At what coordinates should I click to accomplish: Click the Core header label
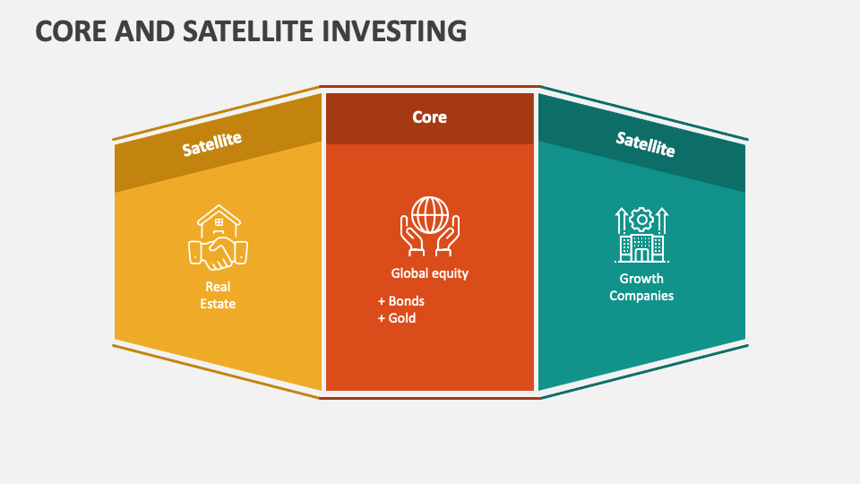click(x=429, y=117)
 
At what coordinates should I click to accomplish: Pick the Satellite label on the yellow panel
click(x=212, y=143)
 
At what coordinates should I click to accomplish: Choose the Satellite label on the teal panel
click(x=645, y=143)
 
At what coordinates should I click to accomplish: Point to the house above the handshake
click(x=219, y=220)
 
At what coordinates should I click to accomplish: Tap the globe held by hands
click(x=429, y=216)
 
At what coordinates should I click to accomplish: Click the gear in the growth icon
click(x=641, y=220)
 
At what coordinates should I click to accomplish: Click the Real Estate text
click(x=218, y=296)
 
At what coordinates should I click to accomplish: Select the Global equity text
click(x=429, y=273)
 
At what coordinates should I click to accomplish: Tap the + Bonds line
click(x=401, y=301)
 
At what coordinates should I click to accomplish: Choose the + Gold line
click(x=397, y=318)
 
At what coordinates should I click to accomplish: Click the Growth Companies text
click(x=641, y=287)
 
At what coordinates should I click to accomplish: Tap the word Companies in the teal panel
click(x=641, y=296)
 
